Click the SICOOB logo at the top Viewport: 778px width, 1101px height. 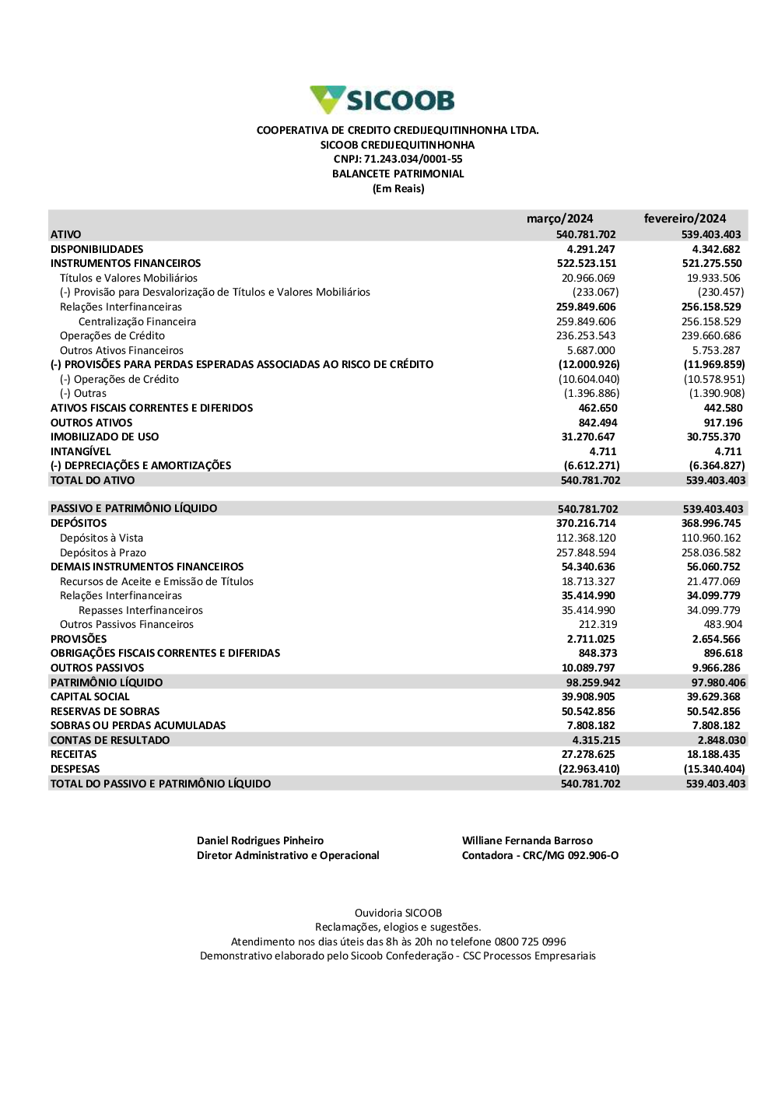(x=382, y=100)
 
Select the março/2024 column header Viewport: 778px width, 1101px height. (x=559, y=219)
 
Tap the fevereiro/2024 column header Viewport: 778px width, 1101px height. (x=685, y=219)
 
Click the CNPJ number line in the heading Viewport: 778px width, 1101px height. (x=398, y=160)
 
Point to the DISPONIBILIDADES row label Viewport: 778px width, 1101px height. (x=97, y=249)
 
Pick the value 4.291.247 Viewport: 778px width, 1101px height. (x=591, y=249)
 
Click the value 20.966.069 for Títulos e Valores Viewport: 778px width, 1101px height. (x=588, y=278)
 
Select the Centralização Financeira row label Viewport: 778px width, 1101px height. (x=137, y=321)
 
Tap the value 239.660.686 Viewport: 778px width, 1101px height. (x=713, y=335)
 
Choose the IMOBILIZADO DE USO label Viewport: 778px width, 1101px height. (x=104, y=437)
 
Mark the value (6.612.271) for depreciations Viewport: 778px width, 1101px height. (x=591, y=465)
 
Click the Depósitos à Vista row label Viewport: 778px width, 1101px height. (x=101, y=538)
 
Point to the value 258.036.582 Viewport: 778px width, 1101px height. (x=713, y=552)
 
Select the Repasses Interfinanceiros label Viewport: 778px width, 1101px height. (x=141, y=610)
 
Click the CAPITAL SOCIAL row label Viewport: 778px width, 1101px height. (x=90, y=696)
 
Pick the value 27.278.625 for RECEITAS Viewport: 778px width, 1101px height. (x=588, y=754)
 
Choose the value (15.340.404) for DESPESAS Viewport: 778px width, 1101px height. (x=713, y=769)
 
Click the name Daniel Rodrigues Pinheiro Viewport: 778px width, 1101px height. (x=260, y=840)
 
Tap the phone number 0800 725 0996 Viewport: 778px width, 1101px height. (x=530, y=941)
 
